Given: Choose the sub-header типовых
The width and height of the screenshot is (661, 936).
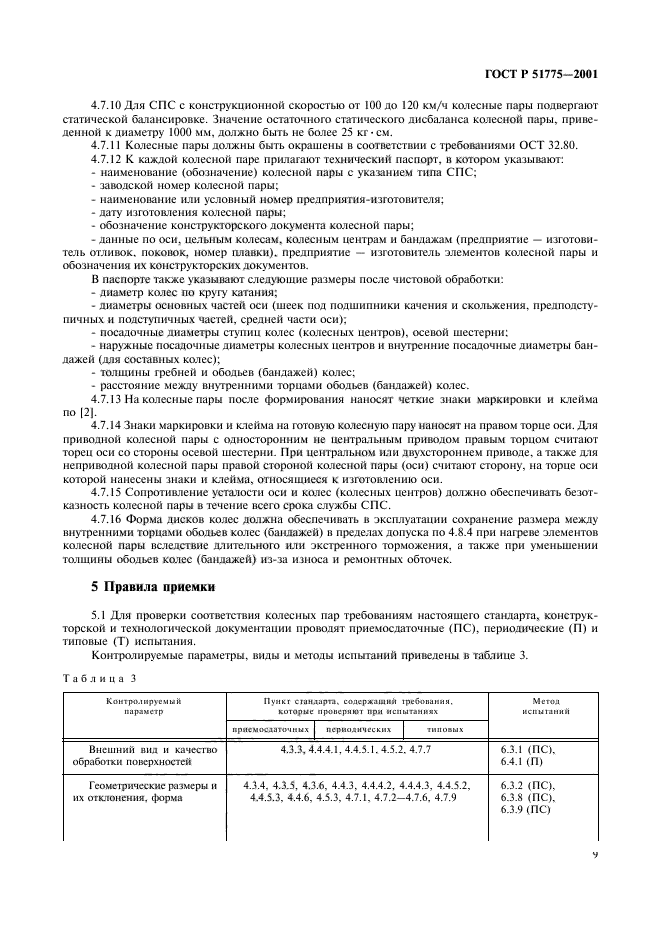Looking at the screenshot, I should pos(444,730).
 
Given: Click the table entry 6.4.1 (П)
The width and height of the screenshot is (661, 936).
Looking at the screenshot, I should pos(521,761).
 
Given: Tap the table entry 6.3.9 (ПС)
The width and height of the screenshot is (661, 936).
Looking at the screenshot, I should pos(524,811).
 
